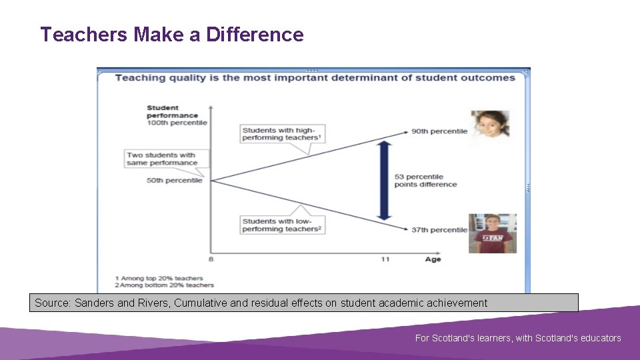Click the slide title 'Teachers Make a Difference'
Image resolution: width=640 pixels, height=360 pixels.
point(171,35)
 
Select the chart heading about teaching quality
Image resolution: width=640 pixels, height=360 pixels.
point(315,77)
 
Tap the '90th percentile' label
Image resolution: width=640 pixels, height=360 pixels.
point(439,131)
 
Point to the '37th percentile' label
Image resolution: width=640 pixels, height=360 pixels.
point(439,230)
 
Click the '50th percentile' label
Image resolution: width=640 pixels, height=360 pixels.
point(174,180)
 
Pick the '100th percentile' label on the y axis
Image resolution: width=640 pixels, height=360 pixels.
point(177,123)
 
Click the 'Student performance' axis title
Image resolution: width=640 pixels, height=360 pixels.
point(163,111)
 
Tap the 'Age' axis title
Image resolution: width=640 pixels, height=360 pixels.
point(433,259)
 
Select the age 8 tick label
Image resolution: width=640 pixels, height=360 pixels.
point(211,259)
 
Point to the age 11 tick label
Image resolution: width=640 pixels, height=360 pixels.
point(385,259)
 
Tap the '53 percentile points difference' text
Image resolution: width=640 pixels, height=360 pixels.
point(425,181)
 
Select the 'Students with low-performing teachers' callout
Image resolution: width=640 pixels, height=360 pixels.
point(282,225)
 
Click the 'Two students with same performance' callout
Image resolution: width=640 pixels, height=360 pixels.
point(162,159)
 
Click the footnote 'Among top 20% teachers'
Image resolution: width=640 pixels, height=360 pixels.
point(159,278)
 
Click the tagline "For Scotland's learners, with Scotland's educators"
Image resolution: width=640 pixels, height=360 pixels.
point(518,338)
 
